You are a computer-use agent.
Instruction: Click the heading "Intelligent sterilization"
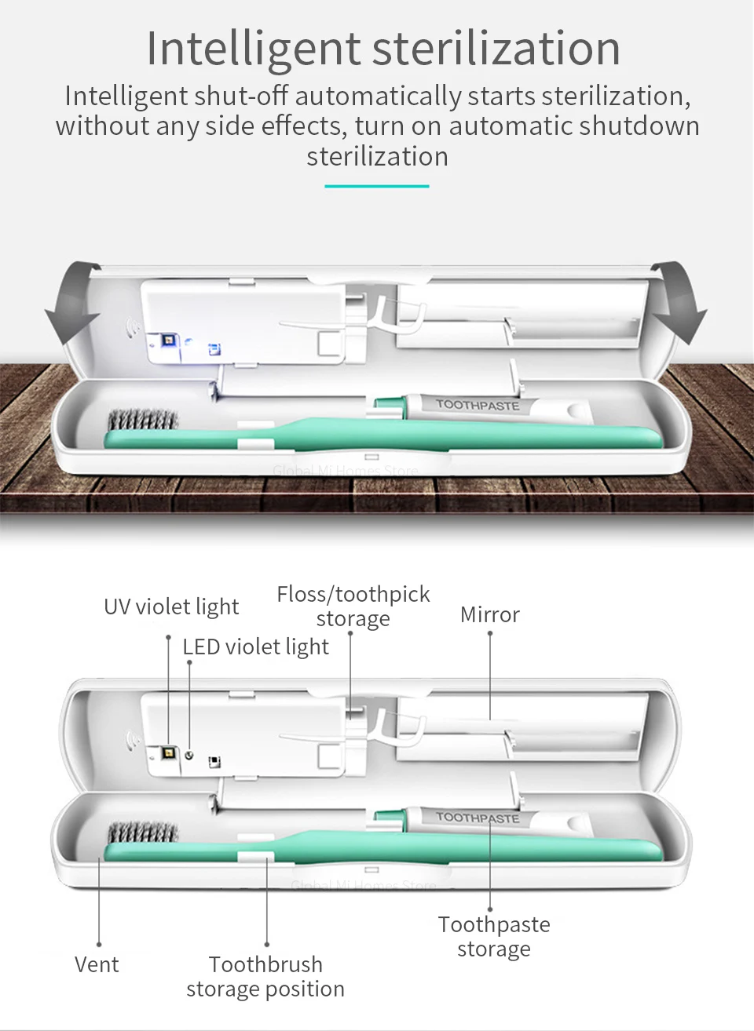(383, 48)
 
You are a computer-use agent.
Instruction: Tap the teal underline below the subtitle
(377, 186)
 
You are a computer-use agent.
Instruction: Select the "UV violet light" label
(171, 607)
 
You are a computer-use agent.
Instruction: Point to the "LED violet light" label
(255, 647)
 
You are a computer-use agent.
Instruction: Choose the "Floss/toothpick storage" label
(353, 606)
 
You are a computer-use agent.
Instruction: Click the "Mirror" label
(490, 614)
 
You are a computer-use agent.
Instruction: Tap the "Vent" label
(97, 964)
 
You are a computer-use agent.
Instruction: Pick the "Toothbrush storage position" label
(265, 976)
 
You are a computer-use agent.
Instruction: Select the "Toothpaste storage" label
(494, 936)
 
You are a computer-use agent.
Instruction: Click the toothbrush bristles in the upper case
(143, 421)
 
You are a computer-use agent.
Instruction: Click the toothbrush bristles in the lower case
(143, 833)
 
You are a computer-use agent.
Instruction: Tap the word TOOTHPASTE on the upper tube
(478, 405)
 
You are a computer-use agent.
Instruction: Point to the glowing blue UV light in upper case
(167, 341)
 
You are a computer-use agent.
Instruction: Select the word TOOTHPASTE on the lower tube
(478, 818)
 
